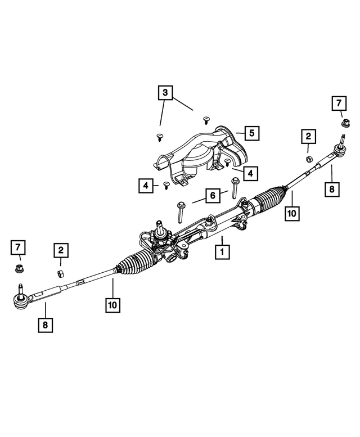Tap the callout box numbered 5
coord(251,133)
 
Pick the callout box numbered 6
coord(213,195)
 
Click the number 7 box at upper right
coord(339,103)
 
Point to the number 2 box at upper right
coord(308,136)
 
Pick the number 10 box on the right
coord(292,213)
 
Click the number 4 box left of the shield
coord(145,184)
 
